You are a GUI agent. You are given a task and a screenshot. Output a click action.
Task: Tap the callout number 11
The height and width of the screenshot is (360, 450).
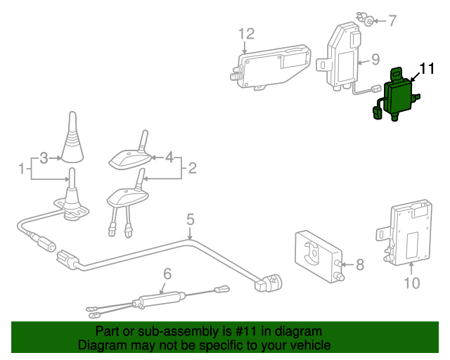[427, 69]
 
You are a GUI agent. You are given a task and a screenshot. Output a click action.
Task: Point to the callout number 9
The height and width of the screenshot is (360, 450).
[375, 60]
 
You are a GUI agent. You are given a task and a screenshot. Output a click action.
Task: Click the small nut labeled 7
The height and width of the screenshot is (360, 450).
[367, 21]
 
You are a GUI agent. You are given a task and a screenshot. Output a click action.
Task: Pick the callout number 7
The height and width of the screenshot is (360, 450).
[392, 20]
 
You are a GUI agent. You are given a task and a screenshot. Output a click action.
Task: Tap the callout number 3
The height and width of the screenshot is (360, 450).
[43, 158]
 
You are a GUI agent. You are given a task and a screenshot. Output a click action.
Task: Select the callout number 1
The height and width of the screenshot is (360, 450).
[22, 169]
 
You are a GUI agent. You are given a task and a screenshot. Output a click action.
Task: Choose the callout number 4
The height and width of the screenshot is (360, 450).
[169, 157]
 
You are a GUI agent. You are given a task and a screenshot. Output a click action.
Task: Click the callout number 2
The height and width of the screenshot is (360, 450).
[192, 168]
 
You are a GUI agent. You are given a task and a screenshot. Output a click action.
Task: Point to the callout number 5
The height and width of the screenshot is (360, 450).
[190, 221]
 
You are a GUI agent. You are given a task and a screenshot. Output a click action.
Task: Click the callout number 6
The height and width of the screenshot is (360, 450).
[167, 274]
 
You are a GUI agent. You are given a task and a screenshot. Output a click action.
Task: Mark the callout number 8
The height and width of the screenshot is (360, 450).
[359, 265]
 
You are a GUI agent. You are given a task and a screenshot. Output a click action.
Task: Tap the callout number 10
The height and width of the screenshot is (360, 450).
[411, 283]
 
